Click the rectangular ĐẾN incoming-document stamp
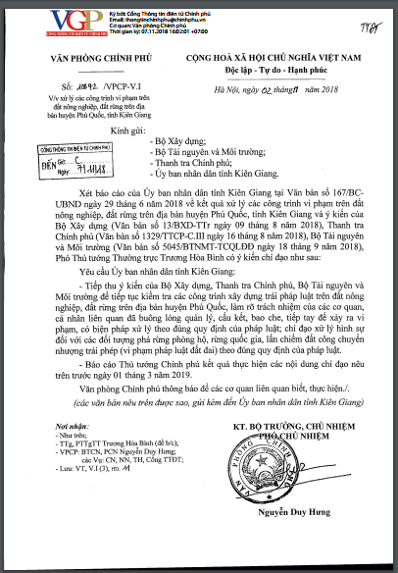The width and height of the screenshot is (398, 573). point(62,161)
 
